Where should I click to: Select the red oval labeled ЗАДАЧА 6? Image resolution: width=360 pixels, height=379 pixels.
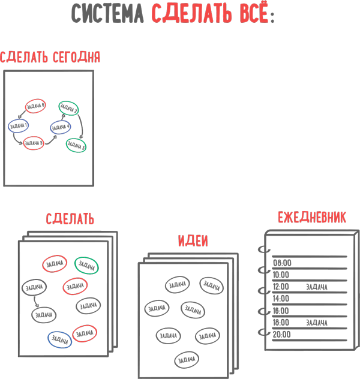click(35, 106)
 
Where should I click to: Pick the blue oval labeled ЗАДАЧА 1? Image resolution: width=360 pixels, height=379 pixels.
click(19, 127)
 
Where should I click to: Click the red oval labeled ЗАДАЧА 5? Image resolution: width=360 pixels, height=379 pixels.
click(34, 143)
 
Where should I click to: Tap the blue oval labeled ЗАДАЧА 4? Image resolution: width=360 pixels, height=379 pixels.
click(61, 127)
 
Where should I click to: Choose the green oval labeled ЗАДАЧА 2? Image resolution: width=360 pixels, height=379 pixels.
click(68, 108)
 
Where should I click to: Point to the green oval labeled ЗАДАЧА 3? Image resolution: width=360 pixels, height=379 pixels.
click(76, 145)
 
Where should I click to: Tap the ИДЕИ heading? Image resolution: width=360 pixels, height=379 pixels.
click(193, 241)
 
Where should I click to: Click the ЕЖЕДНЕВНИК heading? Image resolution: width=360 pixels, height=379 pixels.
click(311, 218)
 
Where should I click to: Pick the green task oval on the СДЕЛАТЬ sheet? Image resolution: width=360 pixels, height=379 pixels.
click(86, 265)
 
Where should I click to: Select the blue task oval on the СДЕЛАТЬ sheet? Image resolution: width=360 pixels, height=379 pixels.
click(60, 339)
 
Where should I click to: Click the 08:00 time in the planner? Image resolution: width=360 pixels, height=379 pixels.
click(282, 263)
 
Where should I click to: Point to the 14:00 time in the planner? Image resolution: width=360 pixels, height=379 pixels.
click(281, 299)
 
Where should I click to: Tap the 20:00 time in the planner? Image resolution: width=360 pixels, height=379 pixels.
click(281, 335)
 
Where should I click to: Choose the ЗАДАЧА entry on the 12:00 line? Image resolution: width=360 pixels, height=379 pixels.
click(316, 287)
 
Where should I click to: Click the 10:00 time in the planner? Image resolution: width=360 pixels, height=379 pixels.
click(281, 275)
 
